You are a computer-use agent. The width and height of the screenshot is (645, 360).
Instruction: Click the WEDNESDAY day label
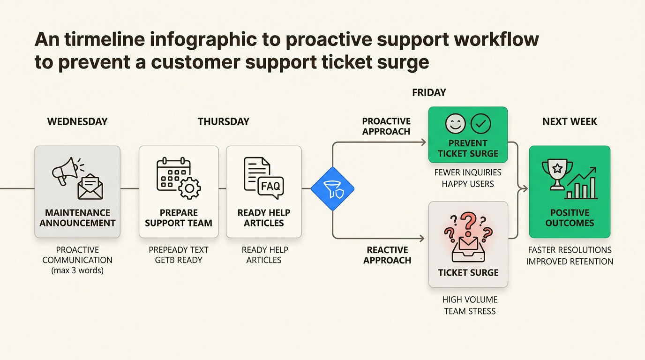[77, 121]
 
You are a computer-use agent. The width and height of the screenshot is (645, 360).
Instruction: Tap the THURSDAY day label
[223, 121]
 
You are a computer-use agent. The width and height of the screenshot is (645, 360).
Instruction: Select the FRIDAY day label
[429, 92]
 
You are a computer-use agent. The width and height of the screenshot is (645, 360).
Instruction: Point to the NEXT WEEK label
[570, 121]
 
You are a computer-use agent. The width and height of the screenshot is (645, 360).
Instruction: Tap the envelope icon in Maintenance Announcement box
[90, 186]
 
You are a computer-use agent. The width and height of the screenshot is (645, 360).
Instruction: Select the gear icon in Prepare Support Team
[189, 188]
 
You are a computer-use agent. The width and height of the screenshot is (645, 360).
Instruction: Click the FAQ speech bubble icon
[271, 187]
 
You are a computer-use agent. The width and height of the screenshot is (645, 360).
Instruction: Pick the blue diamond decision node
[332, 188]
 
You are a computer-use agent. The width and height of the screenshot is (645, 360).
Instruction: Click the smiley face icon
[455, 124]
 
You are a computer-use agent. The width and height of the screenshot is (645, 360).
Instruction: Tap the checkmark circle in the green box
[480, 124]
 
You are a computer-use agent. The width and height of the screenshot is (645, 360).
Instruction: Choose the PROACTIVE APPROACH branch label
[386, 127]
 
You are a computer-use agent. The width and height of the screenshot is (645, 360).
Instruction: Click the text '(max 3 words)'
[77, 270]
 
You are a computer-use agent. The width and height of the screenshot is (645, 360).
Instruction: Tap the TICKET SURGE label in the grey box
[468, 272]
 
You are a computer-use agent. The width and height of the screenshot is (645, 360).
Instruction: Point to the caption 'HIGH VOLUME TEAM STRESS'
[469, 305]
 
